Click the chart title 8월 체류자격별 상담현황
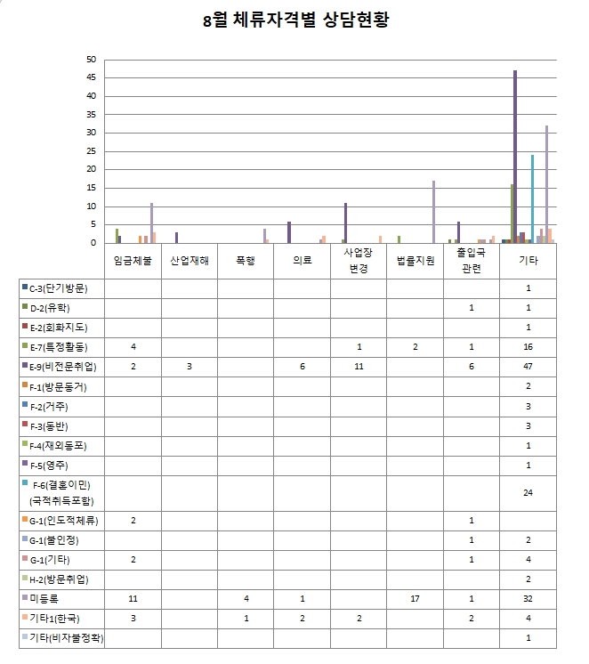coord(294,20)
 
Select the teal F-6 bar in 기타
coord(532,198)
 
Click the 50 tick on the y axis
coord(91,60)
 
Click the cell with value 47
coord(528,367)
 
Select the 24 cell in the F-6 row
coord(528,492)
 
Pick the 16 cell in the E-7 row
coord(528,347)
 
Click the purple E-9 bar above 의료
coord(289,232)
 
